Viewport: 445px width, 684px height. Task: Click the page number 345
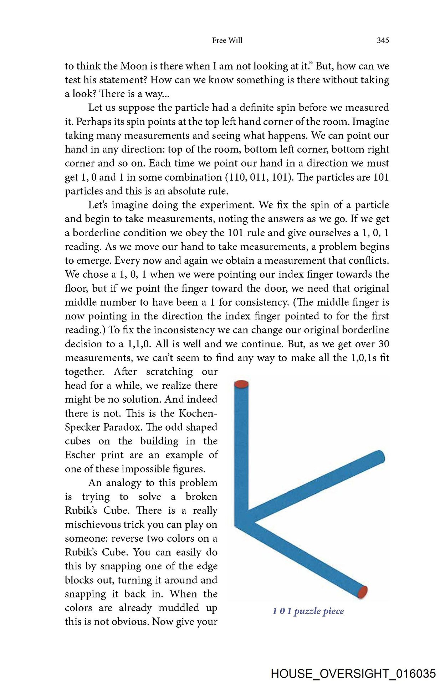click(x=383, y=41)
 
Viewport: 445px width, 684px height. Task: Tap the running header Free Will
click(x=227, y=41)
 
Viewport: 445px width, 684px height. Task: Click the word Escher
click(x=80, y=455)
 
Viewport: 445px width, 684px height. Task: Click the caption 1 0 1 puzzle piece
click(x=308, y=611)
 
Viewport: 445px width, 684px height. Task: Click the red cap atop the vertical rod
click(x=241, y=384)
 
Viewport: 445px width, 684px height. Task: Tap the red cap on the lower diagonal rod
click(x=362, y=591)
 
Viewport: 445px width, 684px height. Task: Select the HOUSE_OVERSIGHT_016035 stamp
click(x=353, y=674)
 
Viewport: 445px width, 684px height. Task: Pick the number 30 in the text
click(x=384, y=344)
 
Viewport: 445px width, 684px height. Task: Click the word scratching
click(x=169, y=372)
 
